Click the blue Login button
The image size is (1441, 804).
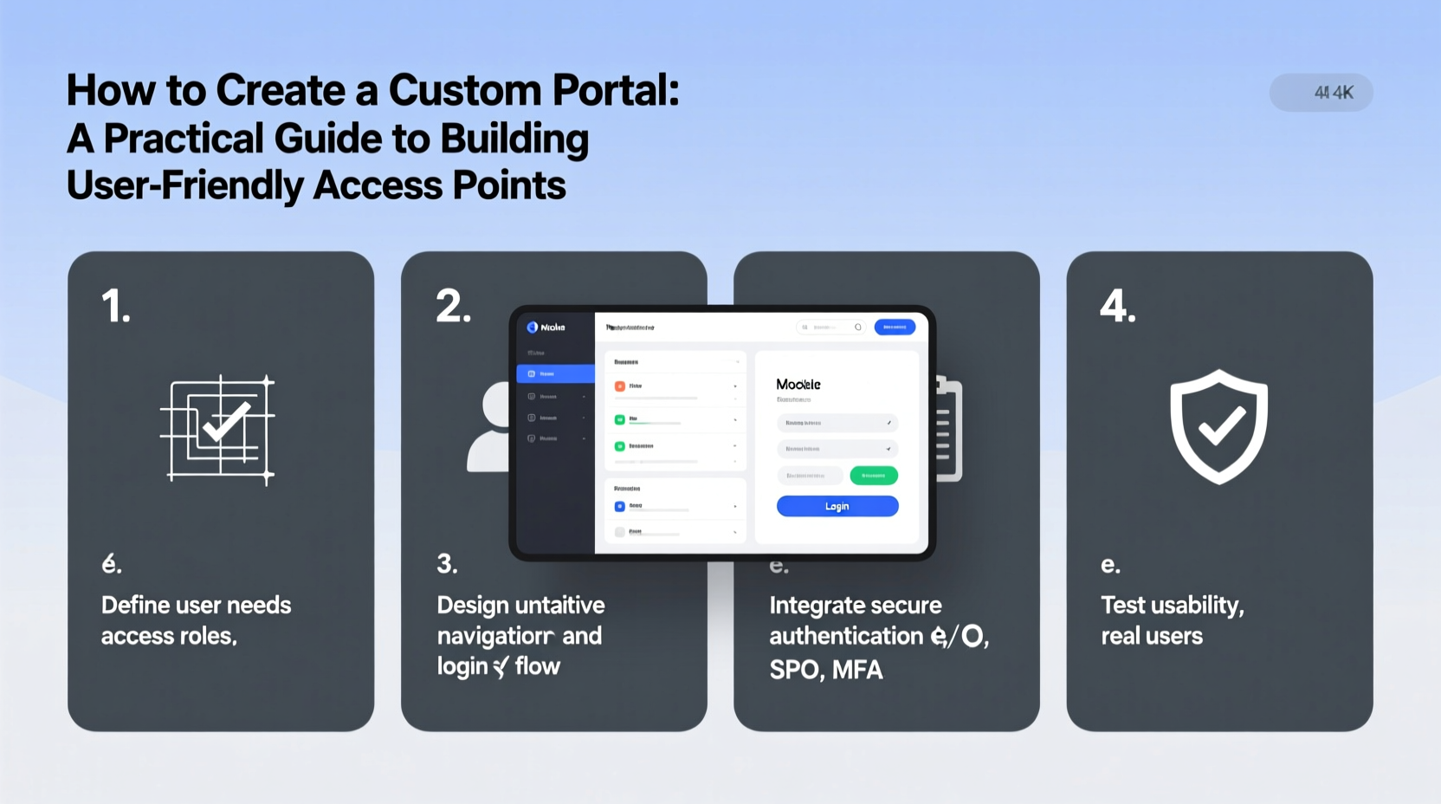[837, 506]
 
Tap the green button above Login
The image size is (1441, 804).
[873, 475]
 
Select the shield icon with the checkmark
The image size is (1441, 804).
[1218, 426]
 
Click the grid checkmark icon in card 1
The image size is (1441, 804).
[218, 428]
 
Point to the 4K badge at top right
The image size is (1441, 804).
[1321, 93]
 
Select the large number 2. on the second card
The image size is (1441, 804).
[453, 307]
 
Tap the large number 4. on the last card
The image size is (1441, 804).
[1117, 307]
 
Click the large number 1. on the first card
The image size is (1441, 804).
[116, 307]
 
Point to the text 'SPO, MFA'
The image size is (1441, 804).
[826, 670]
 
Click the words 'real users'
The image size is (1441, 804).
[1151, 637]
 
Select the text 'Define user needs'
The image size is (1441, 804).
[196, 605]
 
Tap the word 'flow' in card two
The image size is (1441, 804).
[537, 666]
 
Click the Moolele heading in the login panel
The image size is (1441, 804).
[798, 384]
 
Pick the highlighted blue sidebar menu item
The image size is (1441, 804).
[555, 373]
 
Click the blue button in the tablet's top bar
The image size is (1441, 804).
[894, 327]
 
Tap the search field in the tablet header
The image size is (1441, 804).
[829, 327]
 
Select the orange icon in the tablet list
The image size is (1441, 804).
[619, 386]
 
